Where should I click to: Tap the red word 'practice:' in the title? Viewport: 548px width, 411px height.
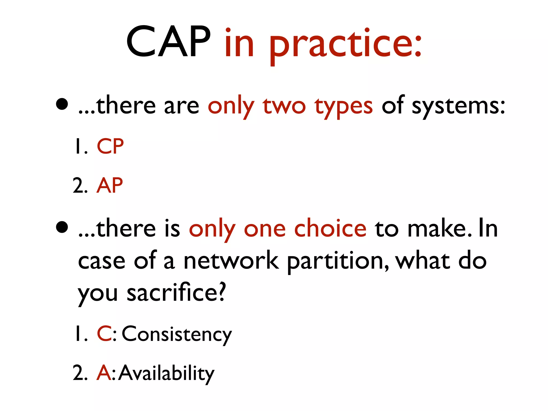pos(345,44)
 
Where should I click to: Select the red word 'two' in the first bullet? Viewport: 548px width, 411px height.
pos(284,106)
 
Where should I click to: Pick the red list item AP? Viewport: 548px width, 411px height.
pos(110,185)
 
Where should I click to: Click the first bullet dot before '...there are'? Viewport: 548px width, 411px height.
pos(62,104)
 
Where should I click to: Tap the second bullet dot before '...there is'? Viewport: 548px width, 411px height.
pos(62,227)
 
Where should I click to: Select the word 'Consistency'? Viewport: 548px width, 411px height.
pos(177,334)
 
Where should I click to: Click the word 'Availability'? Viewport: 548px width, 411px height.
pos(166,373)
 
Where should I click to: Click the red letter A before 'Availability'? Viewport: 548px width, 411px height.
pos(104,372)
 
